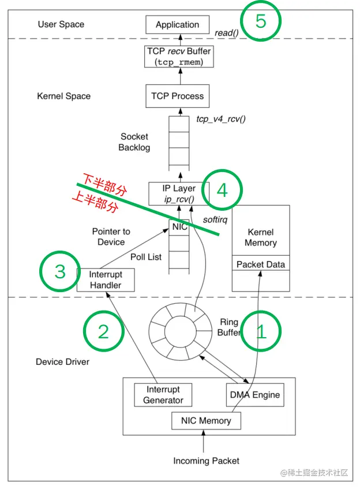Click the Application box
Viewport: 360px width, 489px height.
tap(177, 25)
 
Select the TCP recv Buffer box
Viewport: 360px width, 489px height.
tap(179, 57)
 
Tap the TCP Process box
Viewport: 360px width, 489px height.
tap(177, 96)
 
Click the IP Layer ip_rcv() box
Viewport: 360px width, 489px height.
tap(179, 193)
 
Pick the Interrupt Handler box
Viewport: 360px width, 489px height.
tap(106, 280)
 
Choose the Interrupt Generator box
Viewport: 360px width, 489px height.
tap(163, 395)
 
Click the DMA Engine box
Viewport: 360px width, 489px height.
tap(255, 395)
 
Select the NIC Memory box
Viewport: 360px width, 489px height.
tap(206, 421)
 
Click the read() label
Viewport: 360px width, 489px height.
tap(227, 33)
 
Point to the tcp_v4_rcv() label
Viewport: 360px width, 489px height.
tap(221, 119)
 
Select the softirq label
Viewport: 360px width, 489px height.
tap(215, 220)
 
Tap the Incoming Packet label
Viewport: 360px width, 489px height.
tap(206, 461)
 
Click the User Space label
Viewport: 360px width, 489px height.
tap(61, 24)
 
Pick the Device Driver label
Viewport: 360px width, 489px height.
tap(62, 362)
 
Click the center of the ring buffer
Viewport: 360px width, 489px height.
tap(180, 331)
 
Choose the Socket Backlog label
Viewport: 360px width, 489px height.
tap(134, 142)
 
